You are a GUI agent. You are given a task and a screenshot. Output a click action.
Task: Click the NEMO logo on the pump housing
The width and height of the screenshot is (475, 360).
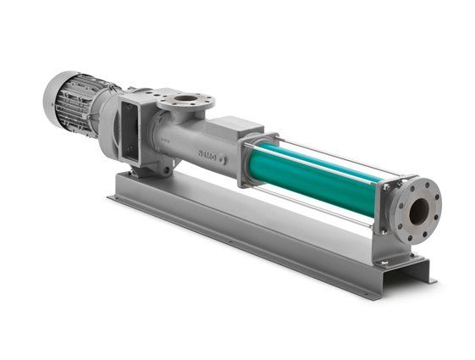207,154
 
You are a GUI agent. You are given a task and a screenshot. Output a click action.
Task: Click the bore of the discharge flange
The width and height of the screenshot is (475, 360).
419,212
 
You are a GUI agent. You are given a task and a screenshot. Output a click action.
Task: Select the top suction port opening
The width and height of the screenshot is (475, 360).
186,98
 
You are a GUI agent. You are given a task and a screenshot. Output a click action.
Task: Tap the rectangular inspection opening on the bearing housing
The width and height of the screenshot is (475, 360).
130,131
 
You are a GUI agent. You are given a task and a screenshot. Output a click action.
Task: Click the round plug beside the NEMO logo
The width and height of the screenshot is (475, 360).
223,159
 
